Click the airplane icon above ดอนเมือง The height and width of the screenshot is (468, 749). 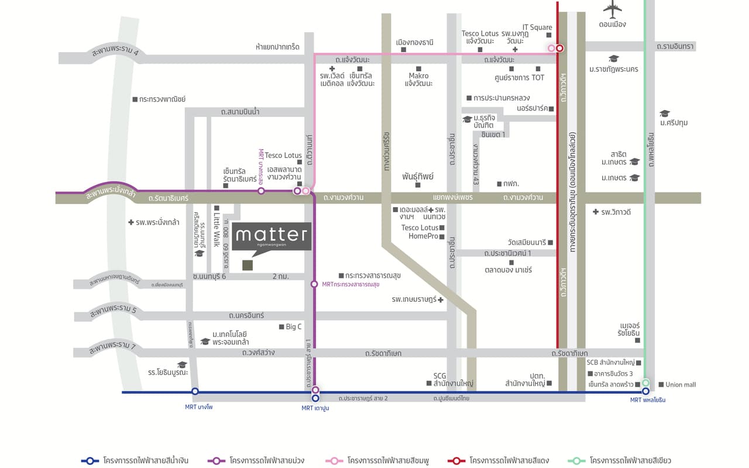[612, 9]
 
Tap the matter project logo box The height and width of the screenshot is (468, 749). [272, 236]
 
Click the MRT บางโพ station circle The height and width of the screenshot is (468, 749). [195, 391]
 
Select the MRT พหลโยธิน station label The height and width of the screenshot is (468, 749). [647, 400]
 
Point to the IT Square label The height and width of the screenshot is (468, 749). [537, 27]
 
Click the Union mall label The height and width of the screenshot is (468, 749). [681, 384]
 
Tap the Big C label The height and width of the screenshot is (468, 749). [294, 327]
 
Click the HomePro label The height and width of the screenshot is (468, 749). [424, 236]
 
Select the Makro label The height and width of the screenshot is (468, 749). [418, 75]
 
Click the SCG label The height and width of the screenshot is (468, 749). [440, 376]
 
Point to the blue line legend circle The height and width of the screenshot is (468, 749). [90, 460]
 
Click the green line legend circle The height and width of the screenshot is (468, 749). [576, 460]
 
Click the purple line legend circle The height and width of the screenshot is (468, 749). [217, 460]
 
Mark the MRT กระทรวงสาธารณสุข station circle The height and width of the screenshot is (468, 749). [314, 284]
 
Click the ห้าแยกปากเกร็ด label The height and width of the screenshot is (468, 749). [277, 46]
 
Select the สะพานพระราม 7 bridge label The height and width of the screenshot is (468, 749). [112, 349]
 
